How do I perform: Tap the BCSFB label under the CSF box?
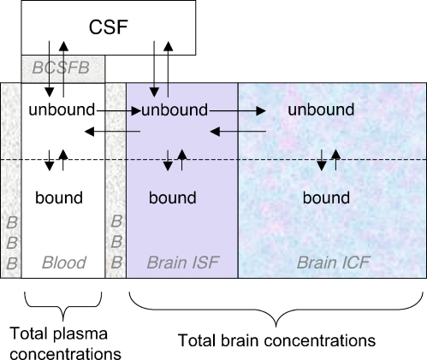pyautogui.click(x=63, y=66)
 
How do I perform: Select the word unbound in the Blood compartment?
pyautogui.click(x=62, y=110)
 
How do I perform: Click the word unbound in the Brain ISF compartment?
pyautogui.click(x=175, y=110)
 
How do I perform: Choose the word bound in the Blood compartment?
pyautogui.click(x=59, y=198)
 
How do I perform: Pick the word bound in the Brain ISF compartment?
pyautogui.click(x=173, y=198)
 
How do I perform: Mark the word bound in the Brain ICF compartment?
pyautogui.click(x=327, y=198)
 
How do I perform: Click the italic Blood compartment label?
pyautogui.click(x=65, y=262)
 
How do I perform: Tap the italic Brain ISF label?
pyautogui.click(x=181, y=262)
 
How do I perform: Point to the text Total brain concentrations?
pyautogui.click(x=276, y=339)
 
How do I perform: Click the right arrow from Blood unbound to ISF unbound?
pyautogui.click(x=114, y=110)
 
